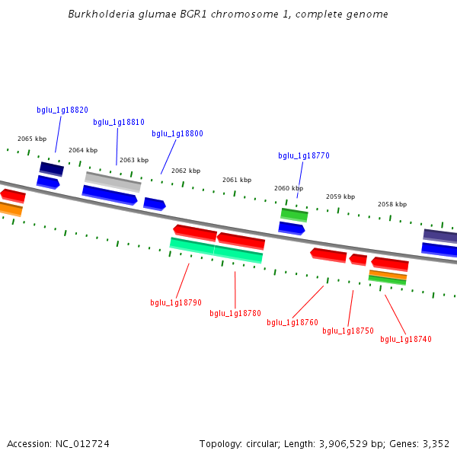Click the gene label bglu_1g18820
tap(62, 110)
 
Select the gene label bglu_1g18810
tap(119, 122)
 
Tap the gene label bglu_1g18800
tap(177, 133)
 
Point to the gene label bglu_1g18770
tap(304, 155)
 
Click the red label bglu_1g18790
tap(176, 302)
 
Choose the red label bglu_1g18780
tap(235, 313)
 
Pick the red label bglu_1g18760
tap(292, 322)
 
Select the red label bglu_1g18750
tap(348, 331)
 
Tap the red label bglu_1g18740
tap(406, 339)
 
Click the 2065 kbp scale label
tap(32, 139)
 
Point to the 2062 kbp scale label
tap(186, 171)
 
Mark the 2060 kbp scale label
tap(289, 188)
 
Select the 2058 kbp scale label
tap(392, 204)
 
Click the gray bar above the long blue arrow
tap(113, 181)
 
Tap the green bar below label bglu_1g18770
tap(294, 214)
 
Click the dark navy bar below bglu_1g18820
tap(52, 168)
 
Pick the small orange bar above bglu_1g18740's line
tap(388, 275)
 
